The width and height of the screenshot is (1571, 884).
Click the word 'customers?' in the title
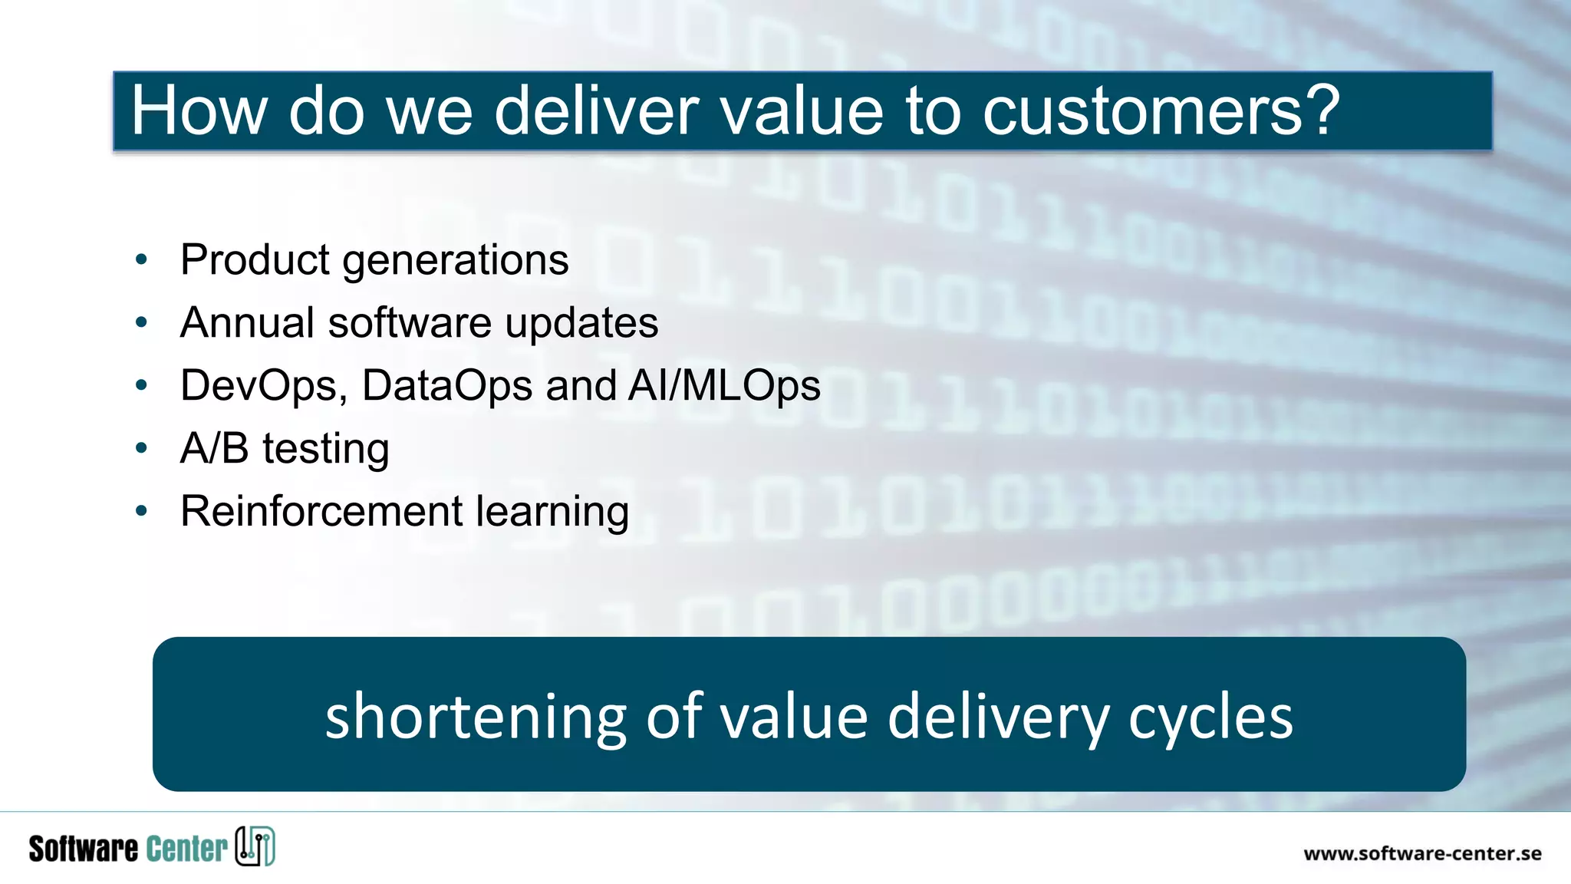click(1161, 111)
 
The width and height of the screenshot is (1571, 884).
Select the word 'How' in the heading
click(199, 111)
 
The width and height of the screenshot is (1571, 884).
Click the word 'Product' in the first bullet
click(255, 259)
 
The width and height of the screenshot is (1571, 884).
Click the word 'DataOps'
click(446, 386)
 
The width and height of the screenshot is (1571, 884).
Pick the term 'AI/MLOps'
click(724, 386)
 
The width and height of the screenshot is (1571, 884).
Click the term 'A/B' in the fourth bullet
click(214, 448)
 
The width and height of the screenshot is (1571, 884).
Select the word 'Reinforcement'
click(321, 511)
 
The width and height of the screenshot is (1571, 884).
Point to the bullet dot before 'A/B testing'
click(141, 448)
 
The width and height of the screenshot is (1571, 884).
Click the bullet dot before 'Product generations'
click(141, 259)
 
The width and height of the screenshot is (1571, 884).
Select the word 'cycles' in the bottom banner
click(1210, 717)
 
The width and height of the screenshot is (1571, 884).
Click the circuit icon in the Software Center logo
click(255, 847)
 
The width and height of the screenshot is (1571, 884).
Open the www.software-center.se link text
click(1422, 853)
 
